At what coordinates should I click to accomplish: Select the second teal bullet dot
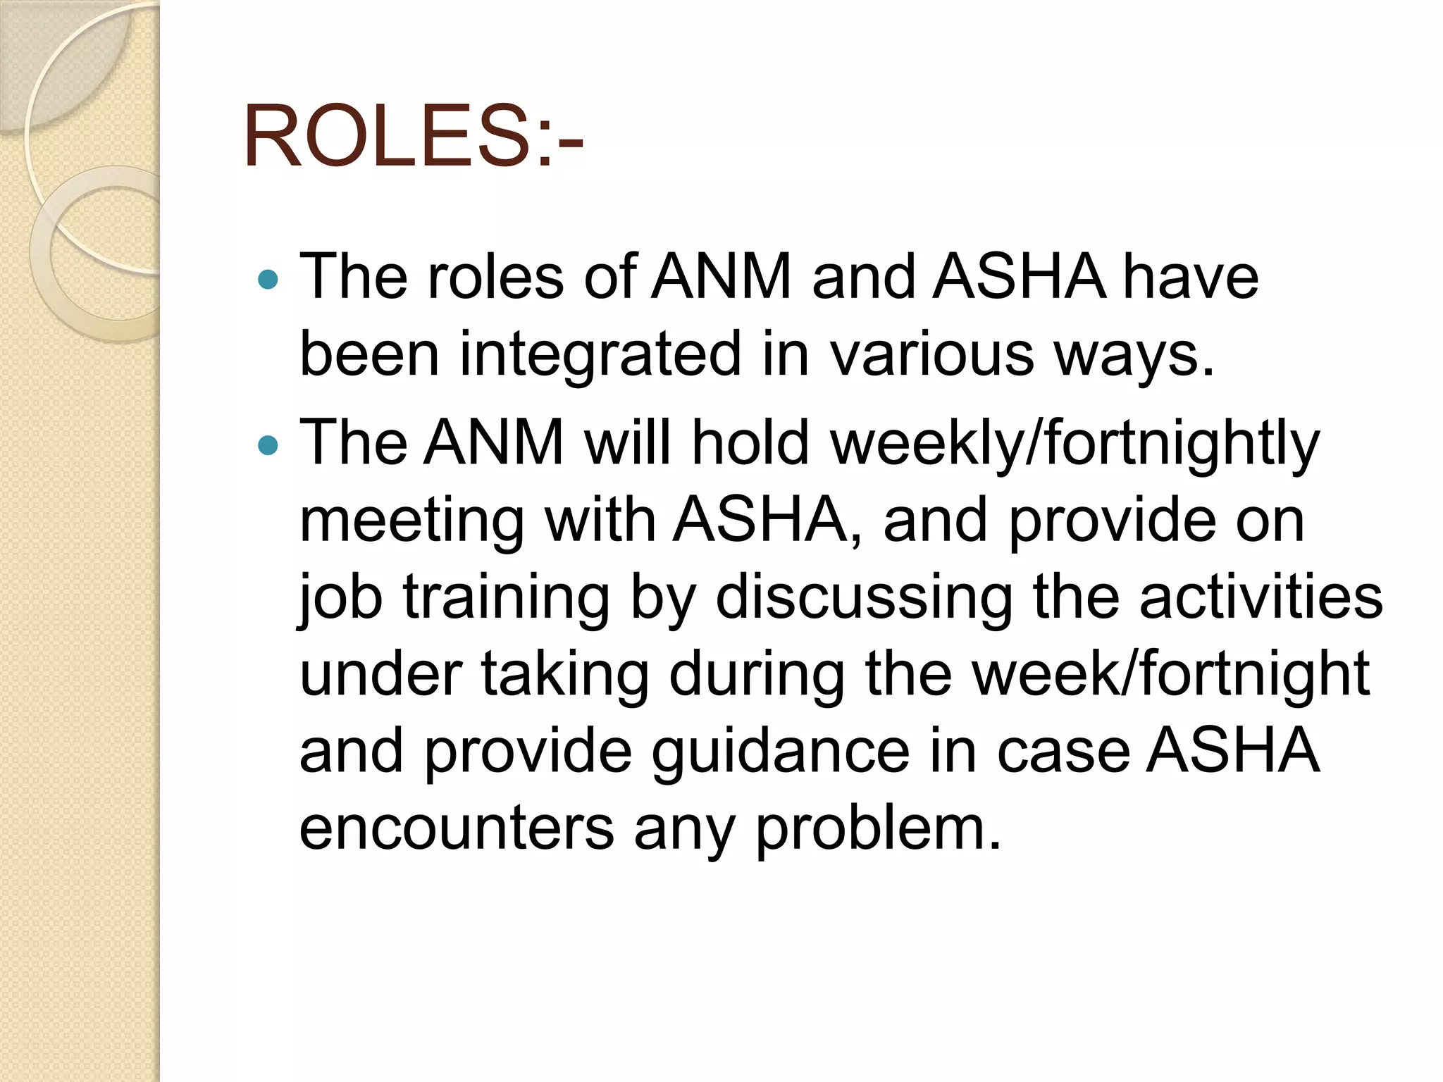[268, 445]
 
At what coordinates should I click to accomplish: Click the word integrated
[600, 354]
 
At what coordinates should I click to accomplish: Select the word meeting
[411, 522]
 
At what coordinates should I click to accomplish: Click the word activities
[1261, 597]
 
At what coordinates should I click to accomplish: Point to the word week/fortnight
[1170, 674]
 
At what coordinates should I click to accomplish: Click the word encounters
[457, 828]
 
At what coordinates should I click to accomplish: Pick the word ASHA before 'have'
[1019, 277]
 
